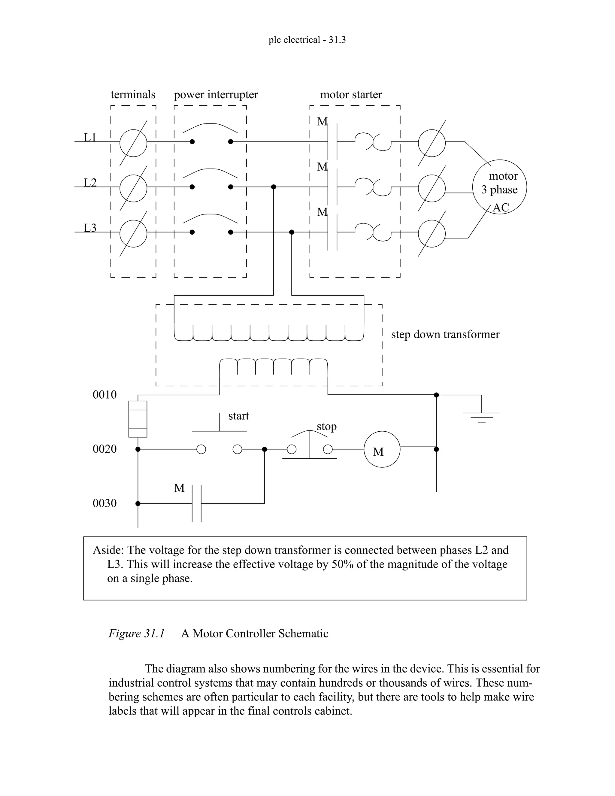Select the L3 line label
click(90, 228)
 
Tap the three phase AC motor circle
click(499, 187)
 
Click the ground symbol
click(481, 417)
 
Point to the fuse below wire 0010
click(138, 419)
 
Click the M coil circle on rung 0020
click(382, 449)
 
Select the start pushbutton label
click(239, 416)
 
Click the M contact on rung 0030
click(197, 503)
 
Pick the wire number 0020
click(105, 449)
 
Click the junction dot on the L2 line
click(274, 187)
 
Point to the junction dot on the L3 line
click(292, 232)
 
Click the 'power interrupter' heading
click(216, 95)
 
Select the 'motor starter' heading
click(351, 95)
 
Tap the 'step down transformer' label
click(445, 334)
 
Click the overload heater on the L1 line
click(373, 142)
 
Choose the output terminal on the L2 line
click(432, 188)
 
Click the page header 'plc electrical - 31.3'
click(307, 40)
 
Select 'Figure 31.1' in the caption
click(137, 633)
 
